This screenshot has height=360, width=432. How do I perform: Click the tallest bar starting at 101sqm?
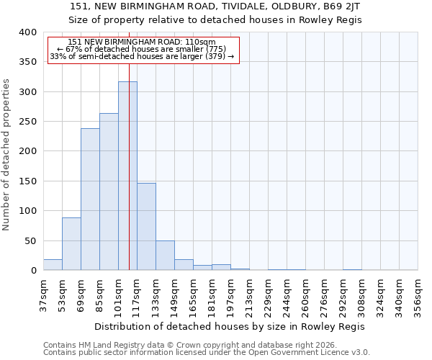[x=127, y=176]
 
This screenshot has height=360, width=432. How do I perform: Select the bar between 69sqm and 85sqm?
[x=90, y=199]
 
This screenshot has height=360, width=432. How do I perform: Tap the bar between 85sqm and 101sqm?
[x=109, y=192]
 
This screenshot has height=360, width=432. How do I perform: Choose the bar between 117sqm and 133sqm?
[x=146, y=227]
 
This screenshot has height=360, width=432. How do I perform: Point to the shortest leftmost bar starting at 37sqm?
[x=53, y=265]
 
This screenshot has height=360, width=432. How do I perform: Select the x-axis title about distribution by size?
[x=230, y=326]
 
